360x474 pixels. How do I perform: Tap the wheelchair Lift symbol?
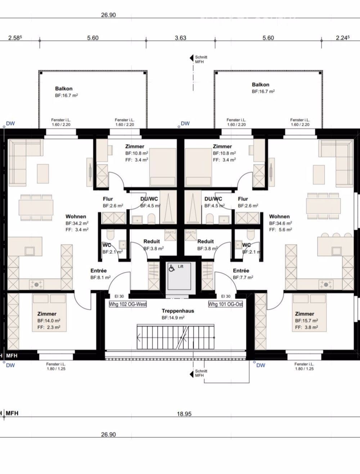coord(172,267)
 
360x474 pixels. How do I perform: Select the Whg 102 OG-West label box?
coord(128,304)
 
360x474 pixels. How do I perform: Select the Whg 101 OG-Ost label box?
coord(225,304)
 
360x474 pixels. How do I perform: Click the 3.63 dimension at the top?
coord(180,38)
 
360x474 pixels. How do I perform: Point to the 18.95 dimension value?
coord(184,414)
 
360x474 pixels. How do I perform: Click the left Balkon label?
coord(64,88)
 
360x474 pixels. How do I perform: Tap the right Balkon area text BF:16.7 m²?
coord(263,92)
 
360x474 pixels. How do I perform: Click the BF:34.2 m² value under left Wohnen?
coord(77,223)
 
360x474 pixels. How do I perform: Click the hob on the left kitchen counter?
coord(37,284)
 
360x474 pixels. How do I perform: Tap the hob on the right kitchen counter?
coord(326,284)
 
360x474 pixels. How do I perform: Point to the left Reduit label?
coord(152,241)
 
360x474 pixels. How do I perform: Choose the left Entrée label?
coord(98,271)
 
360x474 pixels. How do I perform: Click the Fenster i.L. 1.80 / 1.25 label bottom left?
coord(56,366)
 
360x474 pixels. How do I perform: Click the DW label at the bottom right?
coord(260,365)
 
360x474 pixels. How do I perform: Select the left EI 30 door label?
coord(119,296)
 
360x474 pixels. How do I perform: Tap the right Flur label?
coord(243,199)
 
